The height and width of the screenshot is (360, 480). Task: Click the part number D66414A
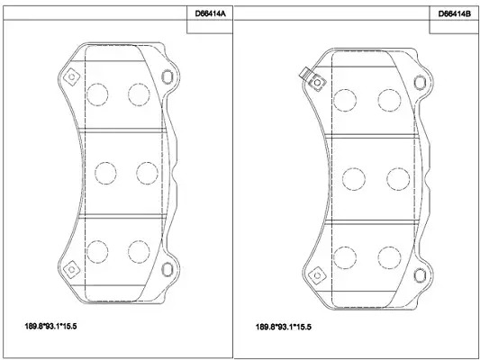[210, 13]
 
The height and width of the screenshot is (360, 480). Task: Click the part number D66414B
[455, 14]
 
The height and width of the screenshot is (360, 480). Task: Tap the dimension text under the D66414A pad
[50, 327]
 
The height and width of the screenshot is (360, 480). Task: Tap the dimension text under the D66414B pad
[284, 327]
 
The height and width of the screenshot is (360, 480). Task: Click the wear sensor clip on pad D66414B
[305, 74]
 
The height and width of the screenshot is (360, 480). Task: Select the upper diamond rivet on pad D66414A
[72, 76]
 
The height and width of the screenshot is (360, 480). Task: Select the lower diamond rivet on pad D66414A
[72, 269]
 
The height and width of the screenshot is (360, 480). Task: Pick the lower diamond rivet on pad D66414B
[317, 275]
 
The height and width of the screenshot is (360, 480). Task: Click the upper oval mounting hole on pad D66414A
[168, 76]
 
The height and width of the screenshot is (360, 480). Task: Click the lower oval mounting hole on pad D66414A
[168, 269]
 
